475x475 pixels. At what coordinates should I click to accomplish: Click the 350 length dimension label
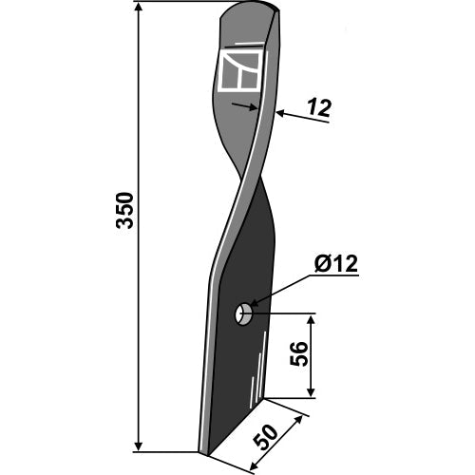(125, 210)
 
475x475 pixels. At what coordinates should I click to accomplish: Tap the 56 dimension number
(299, 353)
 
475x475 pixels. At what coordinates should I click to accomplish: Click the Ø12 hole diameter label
(336, 263)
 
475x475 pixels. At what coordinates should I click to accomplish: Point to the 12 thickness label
(319, 107)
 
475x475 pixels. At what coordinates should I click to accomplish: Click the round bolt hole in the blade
(243, 314)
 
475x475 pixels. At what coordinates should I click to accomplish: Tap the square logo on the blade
(241, 70)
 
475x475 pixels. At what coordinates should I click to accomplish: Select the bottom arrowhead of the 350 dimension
(139, 446)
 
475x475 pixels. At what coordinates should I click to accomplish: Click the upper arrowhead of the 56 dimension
(312, 320)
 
